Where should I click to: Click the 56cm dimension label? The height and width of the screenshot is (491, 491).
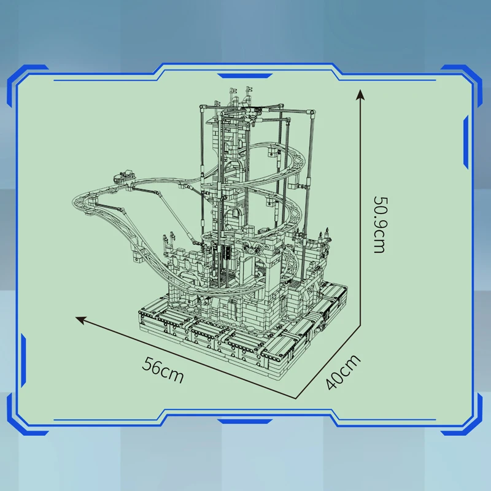click(163, 370)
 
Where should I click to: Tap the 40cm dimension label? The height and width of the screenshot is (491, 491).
click(343, 372)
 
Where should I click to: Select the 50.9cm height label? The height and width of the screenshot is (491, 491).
click(380, 225)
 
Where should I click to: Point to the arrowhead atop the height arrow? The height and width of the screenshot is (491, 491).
click(360, 95)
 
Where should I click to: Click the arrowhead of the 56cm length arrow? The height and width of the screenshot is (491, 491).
click(80, 320)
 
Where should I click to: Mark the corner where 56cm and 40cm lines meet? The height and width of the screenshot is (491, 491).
click(296, 398)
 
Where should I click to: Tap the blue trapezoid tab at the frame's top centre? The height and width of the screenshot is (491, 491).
click(244, 76)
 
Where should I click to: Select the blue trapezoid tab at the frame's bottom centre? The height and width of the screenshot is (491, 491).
click(244, 422)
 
